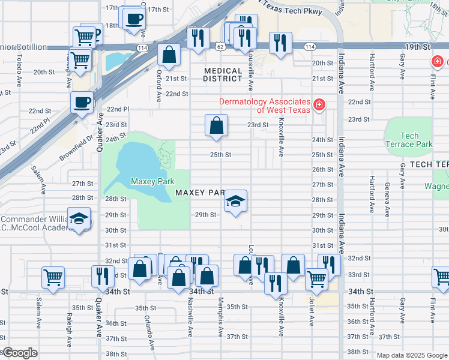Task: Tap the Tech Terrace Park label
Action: click(x=409, y=140)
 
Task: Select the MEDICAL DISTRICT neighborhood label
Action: click(x=223, y=74)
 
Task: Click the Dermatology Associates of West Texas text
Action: click(x=265, y=106)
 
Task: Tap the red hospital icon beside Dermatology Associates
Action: click(x=319, y=106)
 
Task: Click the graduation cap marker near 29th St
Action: click(x=235, y=201)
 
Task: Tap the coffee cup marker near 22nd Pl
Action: click(x=82, y=102)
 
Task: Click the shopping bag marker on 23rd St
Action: click(x=216, y=125)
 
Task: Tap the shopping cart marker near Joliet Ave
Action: click(x=316, y=278)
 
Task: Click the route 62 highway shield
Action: click(x=221, y=46)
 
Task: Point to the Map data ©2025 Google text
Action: click(x=411, y=355)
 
